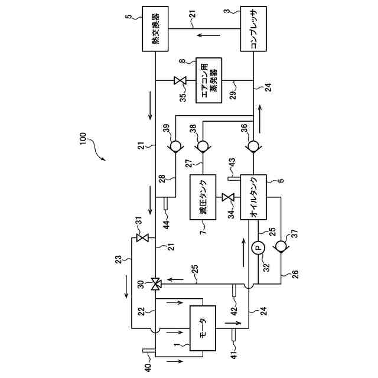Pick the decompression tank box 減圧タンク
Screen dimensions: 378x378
204,197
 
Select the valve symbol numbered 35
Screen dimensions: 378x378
180,80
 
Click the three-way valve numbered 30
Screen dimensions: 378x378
155,284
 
